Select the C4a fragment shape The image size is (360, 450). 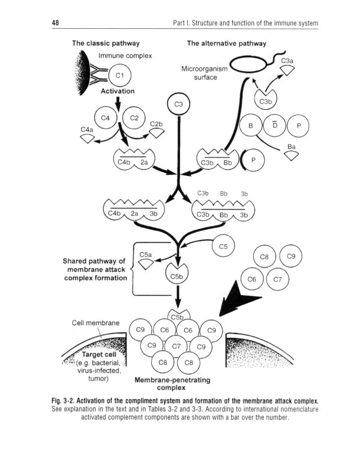tap(88, 137)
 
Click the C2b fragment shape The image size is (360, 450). tap(157, 132)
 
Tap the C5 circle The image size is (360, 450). tap(224, 245)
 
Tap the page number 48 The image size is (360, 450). tap(55, 23)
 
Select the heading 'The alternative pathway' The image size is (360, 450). tap(226, 43)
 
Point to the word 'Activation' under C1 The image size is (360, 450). tap(118, 91)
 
